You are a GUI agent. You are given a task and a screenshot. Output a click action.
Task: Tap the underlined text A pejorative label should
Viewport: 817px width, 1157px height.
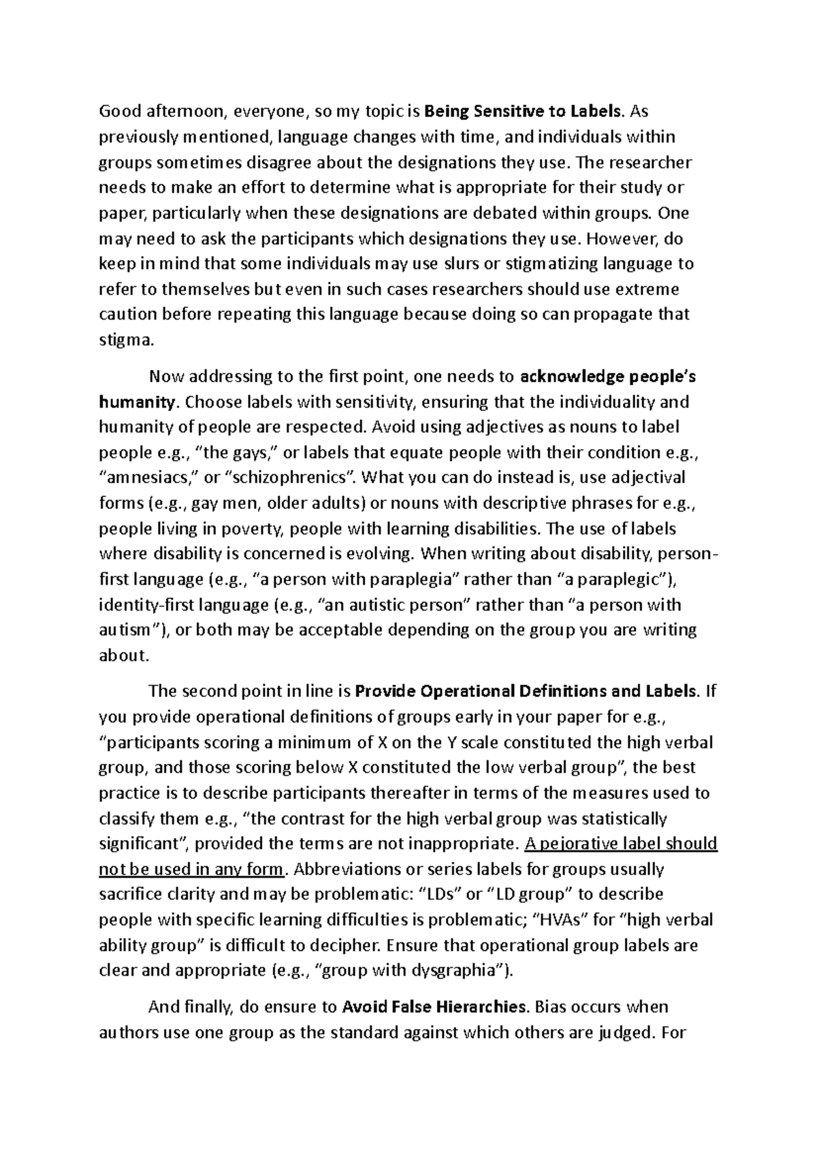coord(622,844)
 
